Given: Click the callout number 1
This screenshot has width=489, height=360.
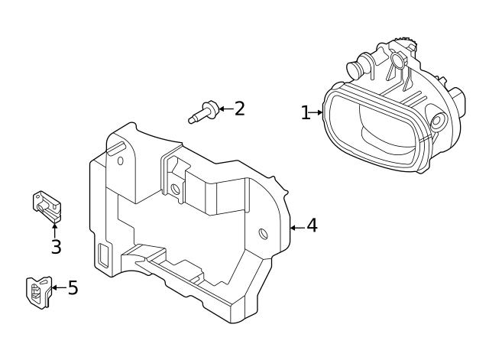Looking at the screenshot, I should click(306, 113).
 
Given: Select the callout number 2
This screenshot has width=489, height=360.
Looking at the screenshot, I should click(239, 109).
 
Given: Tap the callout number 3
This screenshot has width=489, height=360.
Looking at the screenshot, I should click(56, 247).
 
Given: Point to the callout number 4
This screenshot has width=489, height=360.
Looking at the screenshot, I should click(312, 226).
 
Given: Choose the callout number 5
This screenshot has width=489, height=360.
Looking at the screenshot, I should click(73, 288).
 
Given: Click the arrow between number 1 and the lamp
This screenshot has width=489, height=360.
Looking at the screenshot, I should click(317, 112).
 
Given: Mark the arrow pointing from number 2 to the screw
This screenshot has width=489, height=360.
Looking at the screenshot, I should click(225, 109).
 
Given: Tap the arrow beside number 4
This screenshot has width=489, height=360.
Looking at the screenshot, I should click(297, 227).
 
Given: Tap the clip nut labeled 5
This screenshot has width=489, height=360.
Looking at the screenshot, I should click(37, 291).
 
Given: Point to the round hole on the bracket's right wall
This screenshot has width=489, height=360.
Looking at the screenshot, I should click(264, 233).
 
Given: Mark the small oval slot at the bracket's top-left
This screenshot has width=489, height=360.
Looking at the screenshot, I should click(120, 160).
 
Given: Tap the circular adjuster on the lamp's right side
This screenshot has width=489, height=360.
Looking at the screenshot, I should click(438, 121).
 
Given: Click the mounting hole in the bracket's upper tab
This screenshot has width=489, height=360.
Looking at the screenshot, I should click(175, 188).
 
